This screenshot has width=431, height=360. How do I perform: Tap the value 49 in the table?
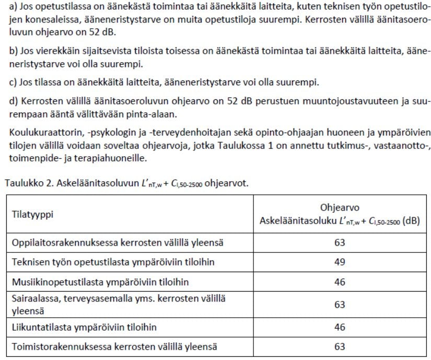coord(340,262)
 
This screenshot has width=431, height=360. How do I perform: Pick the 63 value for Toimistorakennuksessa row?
coord(340,346)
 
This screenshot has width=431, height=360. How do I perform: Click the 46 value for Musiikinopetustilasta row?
coord(340,282)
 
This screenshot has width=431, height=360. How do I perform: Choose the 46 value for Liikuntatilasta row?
coord(340,327)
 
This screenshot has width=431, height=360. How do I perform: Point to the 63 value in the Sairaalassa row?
coord(340,305)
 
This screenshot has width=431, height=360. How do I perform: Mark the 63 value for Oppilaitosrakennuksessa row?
coord(340,242)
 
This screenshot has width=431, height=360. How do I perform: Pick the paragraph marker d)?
coord(10,100)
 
